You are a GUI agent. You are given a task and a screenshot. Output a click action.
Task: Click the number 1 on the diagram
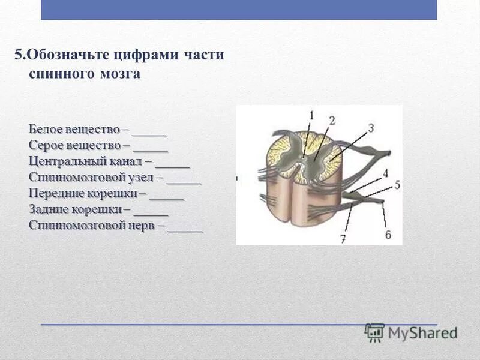point(312,114)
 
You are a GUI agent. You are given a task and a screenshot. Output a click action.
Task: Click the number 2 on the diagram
point(331,121)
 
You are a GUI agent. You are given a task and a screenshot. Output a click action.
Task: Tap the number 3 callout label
point(371,127)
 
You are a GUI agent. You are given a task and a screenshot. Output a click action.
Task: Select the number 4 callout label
point(385,173)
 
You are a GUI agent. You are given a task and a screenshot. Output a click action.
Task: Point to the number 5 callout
point(397,185)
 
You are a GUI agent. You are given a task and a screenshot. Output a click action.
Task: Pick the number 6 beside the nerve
point(388,235)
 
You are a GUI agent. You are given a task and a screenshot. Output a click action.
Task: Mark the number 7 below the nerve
point(343,239)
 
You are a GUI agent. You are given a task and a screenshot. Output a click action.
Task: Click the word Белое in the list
point(44,129)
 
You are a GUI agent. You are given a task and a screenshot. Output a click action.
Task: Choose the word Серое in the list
point(45,145)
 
